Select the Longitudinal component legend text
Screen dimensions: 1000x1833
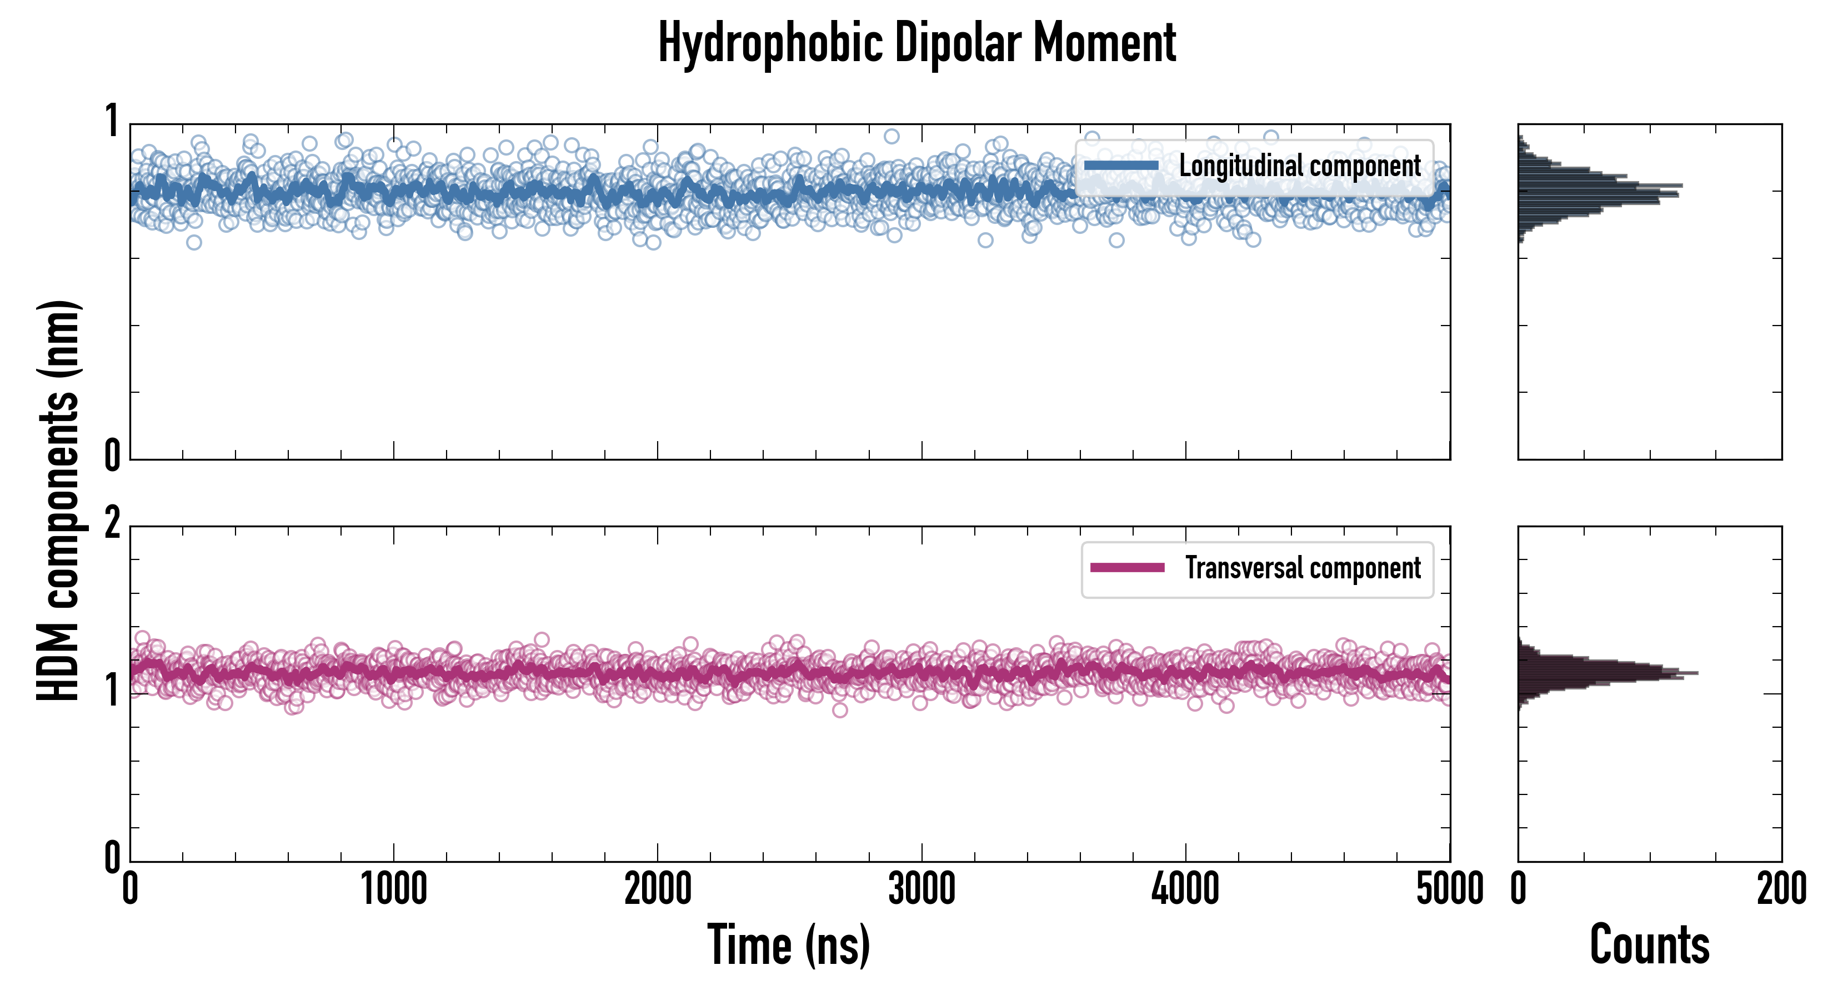[1299, 166]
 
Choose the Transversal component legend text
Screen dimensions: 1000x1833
[1302, 568]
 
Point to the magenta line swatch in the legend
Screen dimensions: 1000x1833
[1127, 568]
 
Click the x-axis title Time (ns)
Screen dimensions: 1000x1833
[788, 944]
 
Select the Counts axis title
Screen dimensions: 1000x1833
[1649, 944]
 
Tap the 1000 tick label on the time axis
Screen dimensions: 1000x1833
[393, 889]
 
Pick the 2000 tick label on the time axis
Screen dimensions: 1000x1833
[658, 889]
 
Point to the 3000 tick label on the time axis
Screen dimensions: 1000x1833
[921, 889]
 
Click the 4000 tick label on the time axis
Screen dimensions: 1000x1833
[1185, 889]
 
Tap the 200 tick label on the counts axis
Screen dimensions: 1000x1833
[1781, 889]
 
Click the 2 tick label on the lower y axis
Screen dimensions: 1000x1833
[112, 525]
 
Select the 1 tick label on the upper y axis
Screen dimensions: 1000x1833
[112, 121]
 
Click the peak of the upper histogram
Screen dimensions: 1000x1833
[1681, 186]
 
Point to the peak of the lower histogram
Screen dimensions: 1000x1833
[1696, 673]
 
